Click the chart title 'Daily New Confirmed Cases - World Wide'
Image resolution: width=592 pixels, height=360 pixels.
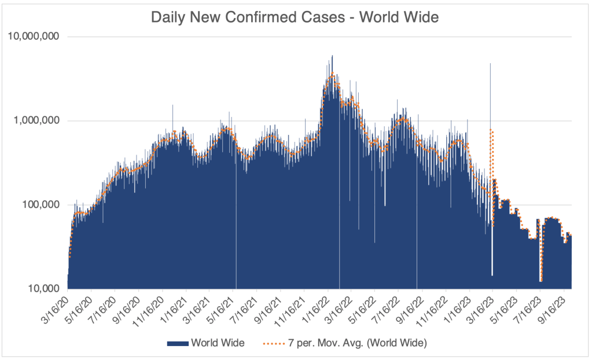pos(295,17)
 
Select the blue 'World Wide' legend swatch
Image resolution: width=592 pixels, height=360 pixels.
pos(178,343)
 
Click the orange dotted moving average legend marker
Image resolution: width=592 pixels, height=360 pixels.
pos(269,343)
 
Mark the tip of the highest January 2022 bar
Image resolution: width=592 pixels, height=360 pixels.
pos(332,56)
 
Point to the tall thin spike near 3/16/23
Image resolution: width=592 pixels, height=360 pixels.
pos(490,64)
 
